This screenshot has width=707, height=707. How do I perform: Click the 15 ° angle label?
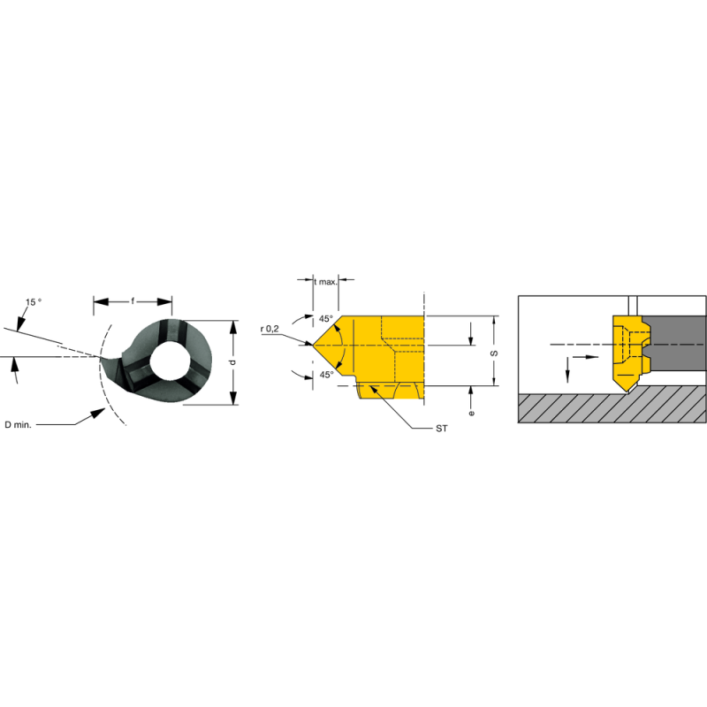(x=34, y=302)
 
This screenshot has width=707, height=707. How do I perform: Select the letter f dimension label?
(x=133, y=302)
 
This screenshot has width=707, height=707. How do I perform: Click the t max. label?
(x=326, y=281)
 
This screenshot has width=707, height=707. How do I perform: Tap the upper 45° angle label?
(x=325, y=319)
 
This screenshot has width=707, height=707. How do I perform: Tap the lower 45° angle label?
(x=325, y=375)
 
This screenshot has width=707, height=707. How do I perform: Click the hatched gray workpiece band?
(x=610, y=407)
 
